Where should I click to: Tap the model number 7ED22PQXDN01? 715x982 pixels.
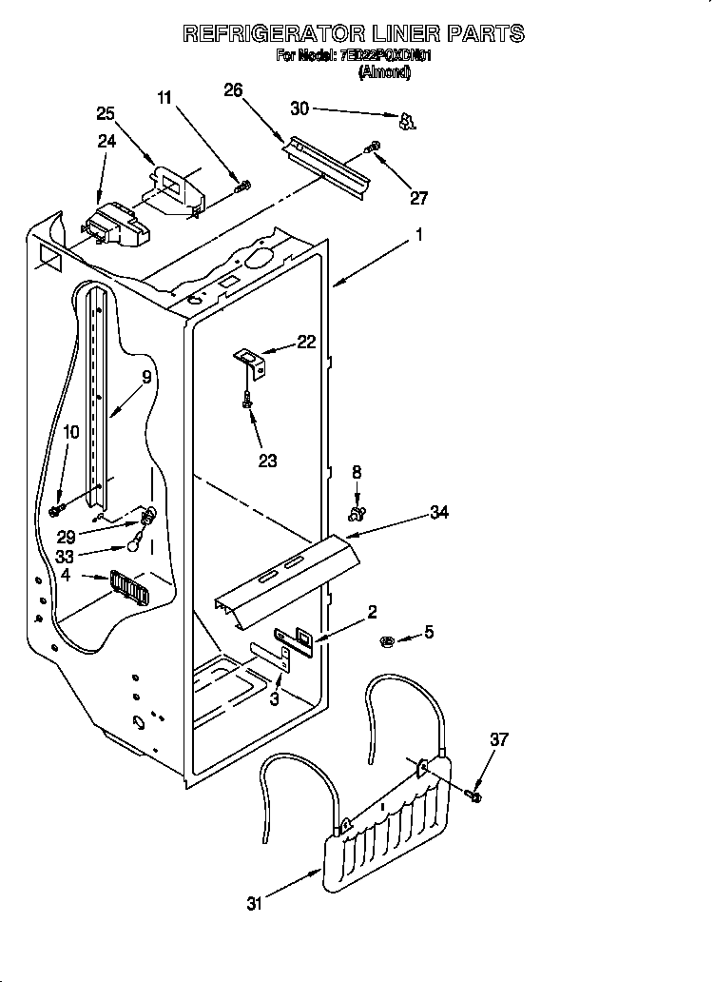(386, 56)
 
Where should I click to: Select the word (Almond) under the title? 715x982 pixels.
(385, 71)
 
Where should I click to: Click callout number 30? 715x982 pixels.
(300, 109)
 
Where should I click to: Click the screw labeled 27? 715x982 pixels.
(373, 147)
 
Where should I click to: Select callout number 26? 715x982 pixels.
(233, 90)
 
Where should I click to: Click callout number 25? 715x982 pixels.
(106, 113)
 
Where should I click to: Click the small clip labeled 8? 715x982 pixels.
(357, 514)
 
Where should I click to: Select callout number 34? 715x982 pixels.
(438, 513)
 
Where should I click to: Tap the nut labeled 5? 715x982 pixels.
(388, 639)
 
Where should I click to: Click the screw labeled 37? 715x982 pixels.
(474, 793)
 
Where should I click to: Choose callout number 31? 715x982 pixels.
(253, 903)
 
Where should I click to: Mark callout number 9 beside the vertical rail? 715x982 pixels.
(145, 376)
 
